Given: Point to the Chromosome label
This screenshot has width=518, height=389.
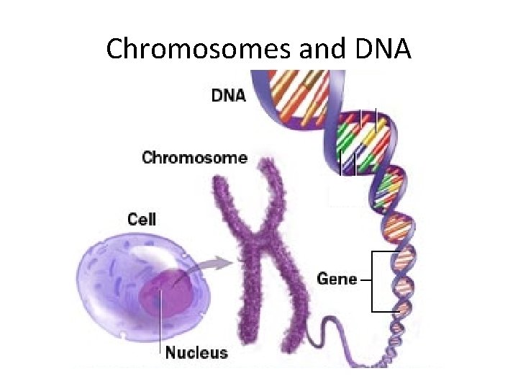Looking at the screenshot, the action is coord(194,157).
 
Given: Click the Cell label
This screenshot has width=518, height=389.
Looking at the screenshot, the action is coord(142,218).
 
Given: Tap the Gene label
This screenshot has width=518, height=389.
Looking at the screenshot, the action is coord(337,277).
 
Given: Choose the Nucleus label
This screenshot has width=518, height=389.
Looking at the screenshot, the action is coord(196,352).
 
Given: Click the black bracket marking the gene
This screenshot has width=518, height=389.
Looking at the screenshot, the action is coord(372,281).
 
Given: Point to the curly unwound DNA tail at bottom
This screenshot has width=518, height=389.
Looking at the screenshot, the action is coord(338,339).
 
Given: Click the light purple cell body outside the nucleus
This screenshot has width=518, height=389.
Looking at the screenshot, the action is coord(108,274).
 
